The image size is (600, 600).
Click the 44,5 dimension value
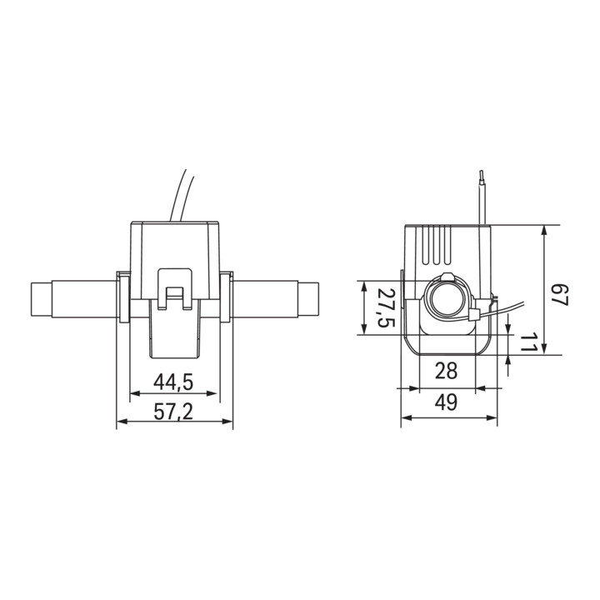point(173,382)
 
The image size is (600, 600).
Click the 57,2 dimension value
point(173,412)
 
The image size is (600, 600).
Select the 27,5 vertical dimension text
point(386,307)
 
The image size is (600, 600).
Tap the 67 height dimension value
point(561,295)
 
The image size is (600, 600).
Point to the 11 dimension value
point(529,342)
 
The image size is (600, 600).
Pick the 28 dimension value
point(446,370)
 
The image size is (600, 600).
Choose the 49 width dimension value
point(446,402)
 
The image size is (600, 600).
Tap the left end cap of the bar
point(41,299)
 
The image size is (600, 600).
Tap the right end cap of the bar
point(308,299)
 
